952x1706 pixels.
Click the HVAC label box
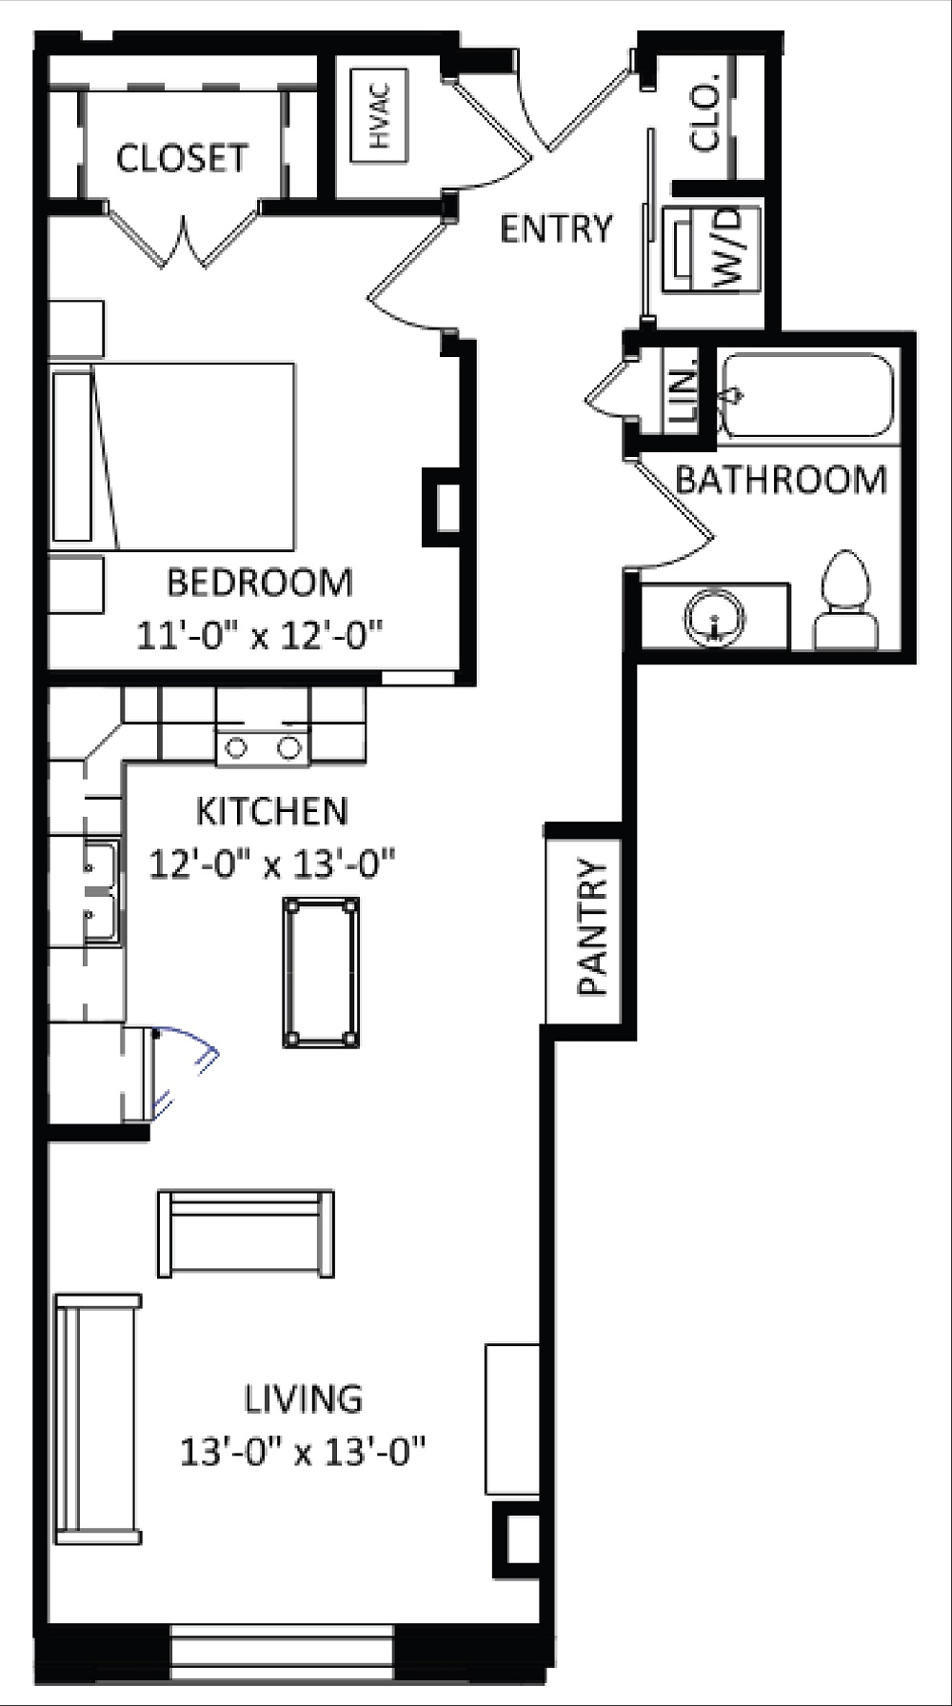pyautogui.click(x=380, y=113)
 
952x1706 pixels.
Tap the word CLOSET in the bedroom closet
pyautogui.click(x=182, y=158)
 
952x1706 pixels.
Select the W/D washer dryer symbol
pyautogui.click(x=711, y=248)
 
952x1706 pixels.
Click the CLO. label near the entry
pyautogui.click(x=707, y=119)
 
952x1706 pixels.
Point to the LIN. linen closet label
pyautogui.click(x=683, y=396)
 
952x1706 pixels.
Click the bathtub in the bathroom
pyautogui.click(x=807, y=396)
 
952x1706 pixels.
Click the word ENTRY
pyautogui.click(x=556, y=229)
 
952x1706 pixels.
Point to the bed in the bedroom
pyautogui.click(x=181, y=456)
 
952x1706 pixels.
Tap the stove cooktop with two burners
pyautogui.click(x=263, y=747)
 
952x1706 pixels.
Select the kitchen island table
pyautogui.click(x=321, y=972)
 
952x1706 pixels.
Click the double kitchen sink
pyautogui.click(x=100, y=891)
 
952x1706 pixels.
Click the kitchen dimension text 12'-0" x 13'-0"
pyautogui.click(x=272, y=865)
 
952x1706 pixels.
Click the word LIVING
pyautogui.click(x=304, y=1399)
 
